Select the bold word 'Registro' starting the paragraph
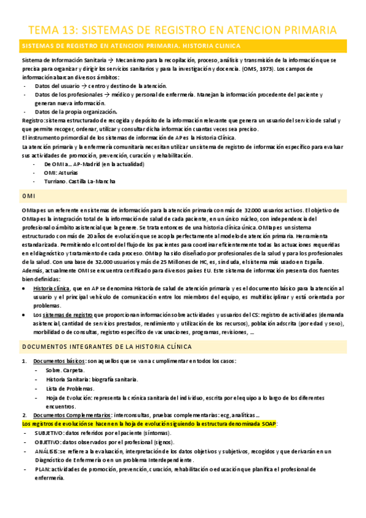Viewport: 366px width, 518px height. pyautogui.click(x=32, y=121)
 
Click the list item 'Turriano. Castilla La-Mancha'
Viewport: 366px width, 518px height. pyautogui.click(x=79, y=181)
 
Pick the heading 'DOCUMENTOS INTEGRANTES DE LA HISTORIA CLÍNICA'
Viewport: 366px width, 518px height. pyautogui.click(x=107, y=346)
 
